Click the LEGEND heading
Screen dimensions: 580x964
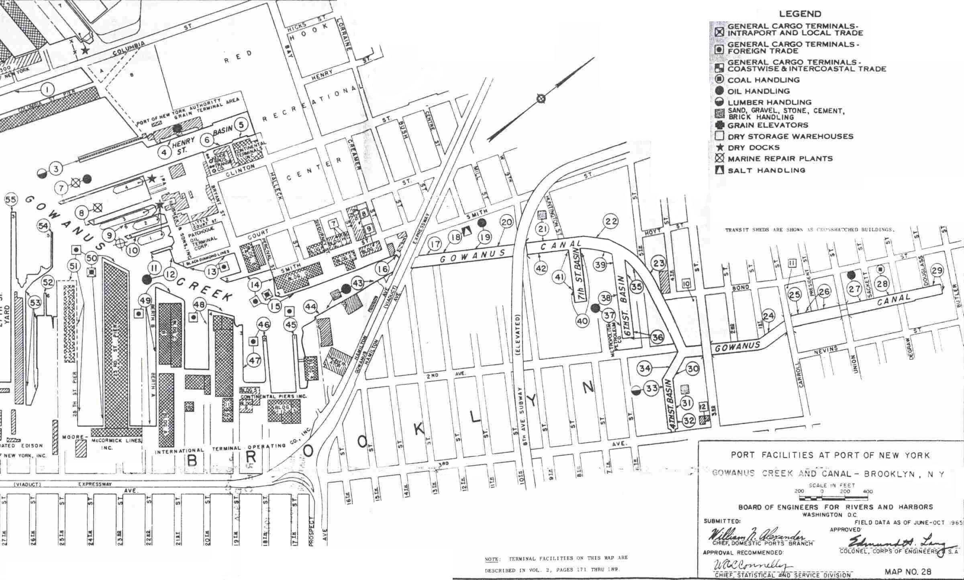click(x=800, y=14)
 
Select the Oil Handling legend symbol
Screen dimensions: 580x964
click(x=719, y=91)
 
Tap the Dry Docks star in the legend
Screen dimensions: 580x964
click(x=719, y=147)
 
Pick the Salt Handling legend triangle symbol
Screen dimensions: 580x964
click(x=719, y=170)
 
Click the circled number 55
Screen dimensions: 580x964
click(x=11, y=200)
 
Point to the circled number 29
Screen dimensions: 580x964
click(x=937, y=270)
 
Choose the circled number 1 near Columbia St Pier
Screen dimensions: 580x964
click(x=48, y=89)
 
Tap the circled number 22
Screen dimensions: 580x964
click(x=611, y=221)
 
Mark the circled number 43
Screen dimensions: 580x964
click(x=357, y=283)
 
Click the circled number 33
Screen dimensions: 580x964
click(x=652, y=388)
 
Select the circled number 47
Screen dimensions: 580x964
click(x=254, y=360)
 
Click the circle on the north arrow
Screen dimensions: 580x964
click(x=541, y=98)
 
